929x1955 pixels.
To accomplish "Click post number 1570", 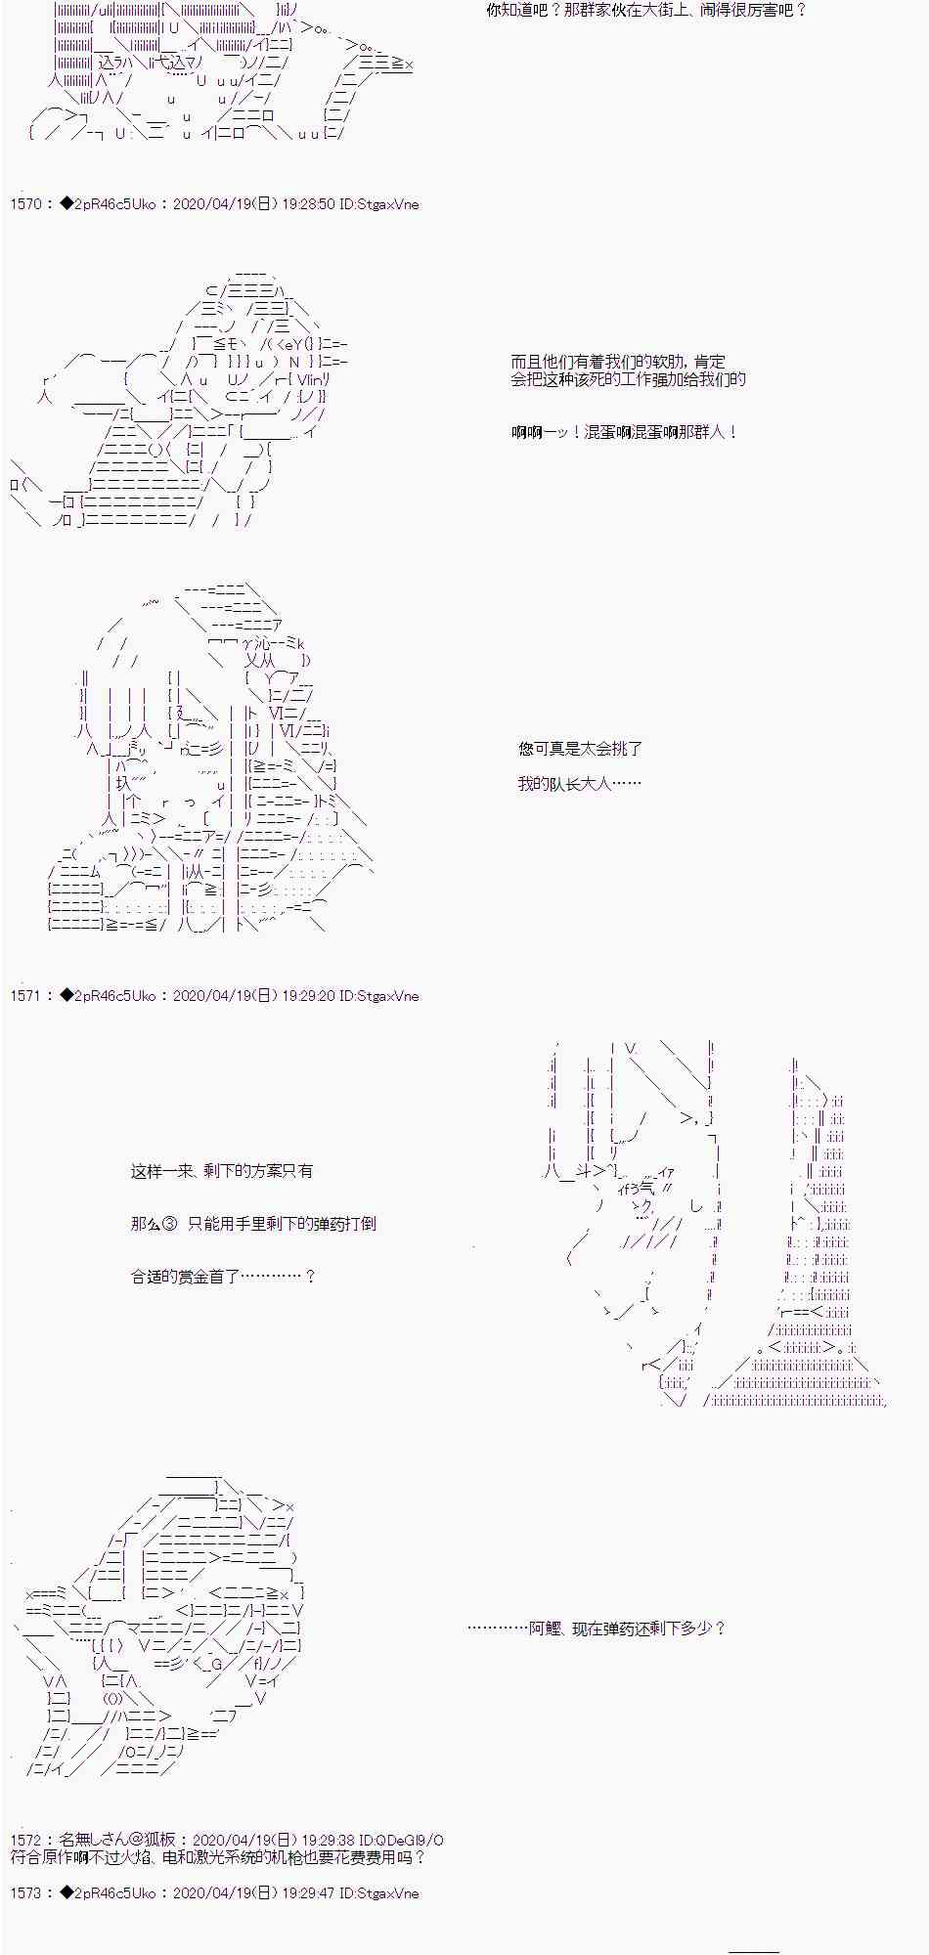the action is coord(26,204).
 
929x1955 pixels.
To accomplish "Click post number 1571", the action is coord(26,996).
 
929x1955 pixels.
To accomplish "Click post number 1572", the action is coord(26,1840).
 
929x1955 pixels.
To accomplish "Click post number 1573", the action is coord(26,1892).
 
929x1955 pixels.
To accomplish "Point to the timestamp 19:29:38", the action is coord(330,1840).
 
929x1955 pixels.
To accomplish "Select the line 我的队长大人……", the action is coord(580,784).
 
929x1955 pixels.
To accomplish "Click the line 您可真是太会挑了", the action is coord(580,749).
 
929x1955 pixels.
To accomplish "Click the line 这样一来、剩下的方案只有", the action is coord(222,1171).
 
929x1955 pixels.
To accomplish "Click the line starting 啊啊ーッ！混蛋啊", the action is coord(624,432).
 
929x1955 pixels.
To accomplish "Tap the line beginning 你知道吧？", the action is coord(646,11).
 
